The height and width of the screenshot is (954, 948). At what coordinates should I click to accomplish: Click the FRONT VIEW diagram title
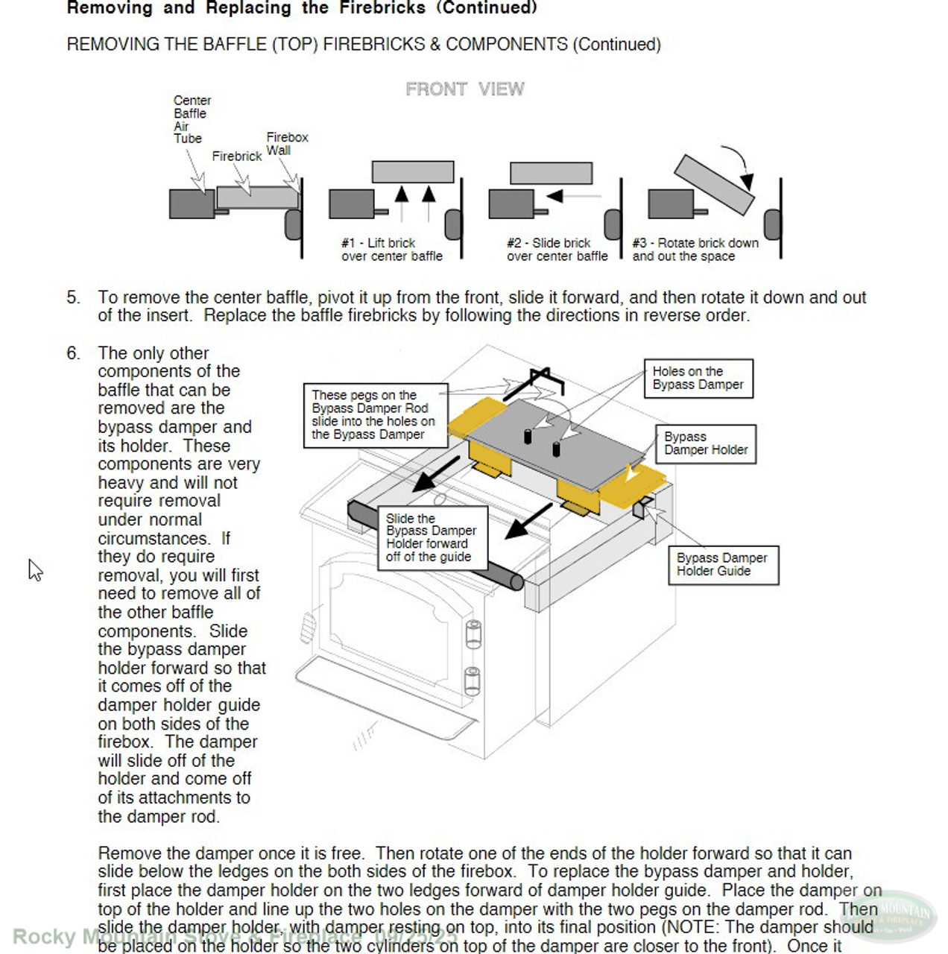464,89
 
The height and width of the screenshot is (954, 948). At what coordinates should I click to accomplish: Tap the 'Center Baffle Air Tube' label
192,119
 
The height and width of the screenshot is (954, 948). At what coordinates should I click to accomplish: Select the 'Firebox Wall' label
287,144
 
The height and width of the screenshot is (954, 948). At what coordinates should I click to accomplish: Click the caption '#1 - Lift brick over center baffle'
391,250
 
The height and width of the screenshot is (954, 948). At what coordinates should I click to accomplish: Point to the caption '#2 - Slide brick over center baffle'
557,250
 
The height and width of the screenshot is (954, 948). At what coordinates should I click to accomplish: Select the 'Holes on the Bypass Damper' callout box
698,379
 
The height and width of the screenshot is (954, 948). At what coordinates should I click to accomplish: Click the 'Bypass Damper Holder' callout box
705,444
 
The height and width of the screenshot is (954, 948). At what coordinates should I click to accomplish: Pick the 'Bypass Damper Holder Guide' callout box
721,565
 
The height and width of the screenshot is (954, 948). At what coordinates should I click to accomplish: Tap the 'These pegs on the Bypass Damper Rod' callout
375,415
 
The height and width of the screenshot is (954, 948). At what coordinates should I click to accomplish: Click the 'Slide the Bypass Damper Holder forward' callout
432,538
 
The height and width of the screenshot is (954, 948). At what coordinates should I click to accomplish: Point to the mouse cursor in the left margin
35,570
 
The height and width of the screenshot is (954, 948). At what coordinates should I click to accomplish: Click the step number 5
72,298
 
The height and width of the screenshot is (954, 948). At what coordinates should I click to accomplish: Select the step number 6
72,353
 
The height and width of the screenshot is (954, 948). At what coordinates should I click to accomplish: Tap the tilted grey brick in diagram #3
713,185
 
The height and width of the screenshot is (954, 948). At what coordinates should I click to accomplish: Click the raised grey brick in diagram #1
412,172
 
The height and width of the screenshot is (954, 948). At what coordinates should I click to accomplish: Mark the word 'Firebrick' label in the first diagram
236,157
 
